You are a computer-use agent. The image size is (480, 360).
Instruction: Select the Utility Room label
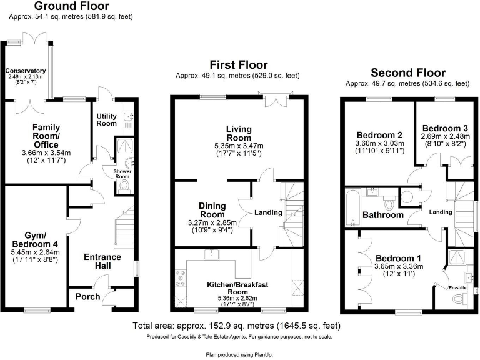click(x=106, y=119)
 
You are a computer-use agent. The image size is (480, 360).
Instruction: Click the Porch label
click(x=87, y=296)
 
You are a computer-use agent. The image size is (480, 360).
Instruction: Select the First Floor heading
click(x=238, y=65)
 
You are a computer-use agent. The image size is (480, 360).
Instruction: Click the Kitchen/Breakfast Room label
click(x=238, y=288)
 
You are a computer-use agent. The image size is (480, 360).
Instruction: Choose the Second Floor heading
click(x=408, y=72)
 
